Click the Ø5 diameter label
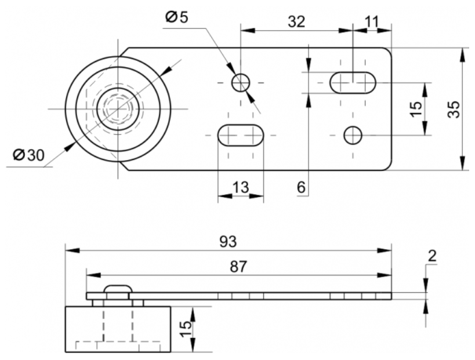click(177, 17)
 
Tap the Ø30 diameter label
click(28, 155)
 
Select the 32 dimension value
click(296, 21)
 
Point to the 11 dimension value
click(372, 21)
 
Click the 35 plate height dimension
click(454, 109)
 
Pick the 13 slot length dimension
click(241, 187)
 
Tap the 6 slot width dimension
click(301, 187)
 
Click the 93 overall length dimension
click(228, 242)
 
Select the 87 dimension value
click(238, 267)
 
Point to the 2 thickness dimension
click(432, 256)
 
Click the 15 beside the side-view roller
click(186, 329)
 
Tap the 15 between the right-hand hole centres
click(416, 108)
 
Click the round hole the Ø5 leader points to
click(241, 82)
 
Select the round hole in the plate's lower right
click(353, 135)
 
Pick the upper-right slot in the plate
click(353, 83)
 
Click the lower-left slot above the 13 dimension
click(241, 135)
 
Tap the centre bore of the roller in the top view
click(118, 109)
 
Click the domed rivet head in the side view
click(118, 289)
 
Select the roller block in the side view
click(118, 329)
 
